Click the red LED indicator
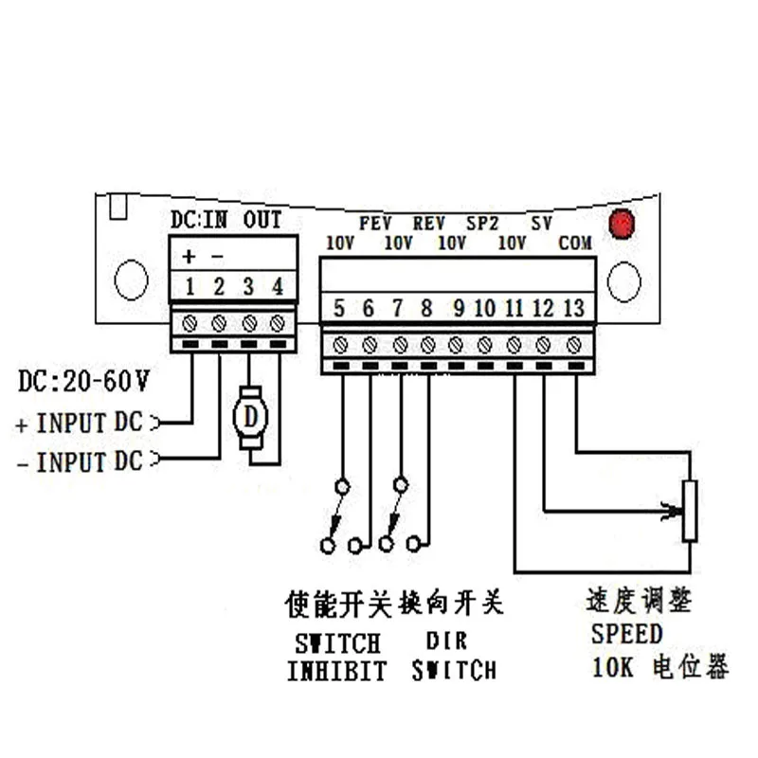(x=621, y=225)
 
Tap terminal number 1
(x=189, y=286)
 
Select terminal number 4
(x=278, y=286)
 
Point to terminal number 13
(x=573, y=308)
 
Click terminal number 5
(x=339, y=308)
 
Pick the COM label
(x=575, y=244)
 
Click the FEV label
(x=376, y=225)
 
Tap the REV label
(x=429, y=225)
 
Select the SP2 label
(x=482, y=225)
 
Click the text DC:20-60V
(x=83, y=383)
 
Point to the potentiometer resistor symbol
(x=690, y=511)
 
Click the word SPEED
(x=626, y=633)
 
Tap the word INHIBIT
(x=337, y=671)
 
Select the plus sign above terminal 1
(x=189, y=257)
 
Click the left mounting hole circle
(x=131, y=280)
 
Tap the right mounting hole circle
(x=624, y=281)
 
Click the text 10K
(x=613, y=667)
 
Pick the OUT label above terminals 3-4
(x=262, y=220)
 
